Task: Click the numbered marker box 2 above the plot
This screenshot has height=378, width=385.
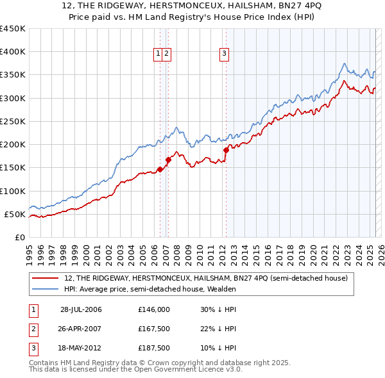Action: [166, 54]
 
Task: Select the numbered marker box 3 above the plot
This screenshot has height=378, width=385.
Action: [225, 54]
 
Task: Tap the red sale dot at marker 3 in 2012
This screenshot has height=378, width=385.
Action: [226, 150]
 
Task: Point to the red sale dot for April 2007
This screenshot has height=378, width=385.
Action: [168, 160]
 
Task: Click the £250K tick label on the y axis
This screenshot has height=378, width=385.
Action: [12, 121]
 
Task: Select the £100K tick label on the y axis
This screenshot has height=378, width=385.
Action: [12, 191]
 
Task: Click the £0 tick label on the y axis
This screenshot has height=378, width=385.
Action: [20, 237]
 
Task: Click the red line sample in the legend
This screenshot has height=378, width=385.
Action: [46, 279]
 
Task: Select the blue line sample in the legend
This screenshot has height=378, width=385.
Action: [46, 289]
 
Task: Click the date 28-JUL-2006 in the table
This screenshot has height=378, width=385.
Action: [81, 309]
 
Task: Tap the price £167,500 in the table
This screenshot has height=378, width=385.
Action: [154, 329]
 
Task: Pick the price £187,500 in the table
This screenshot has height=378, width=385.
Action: [154, 348]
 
